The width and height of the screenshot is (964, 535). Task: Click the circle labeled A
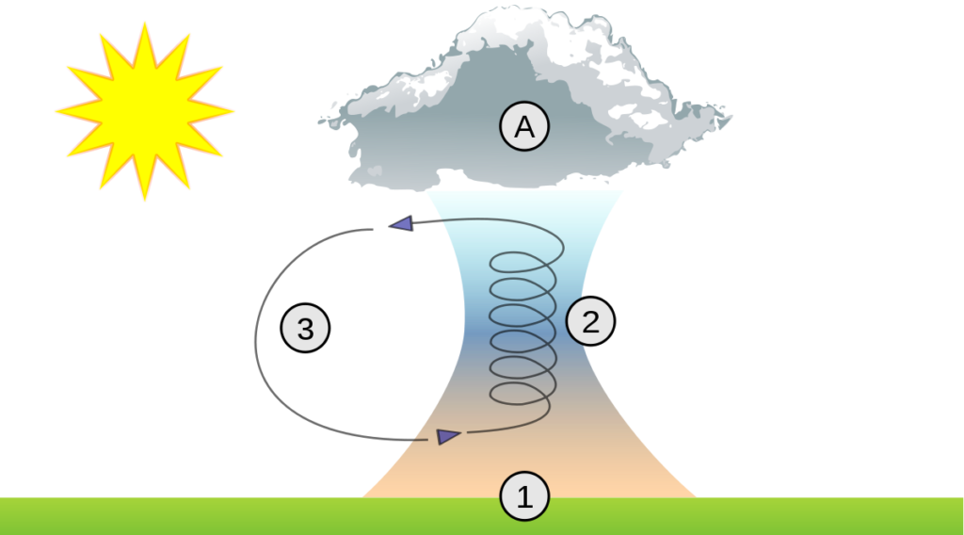524,126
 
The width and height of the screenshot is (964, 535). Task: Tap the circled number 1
524,496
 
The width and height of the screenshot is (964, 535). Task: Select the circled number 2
590,321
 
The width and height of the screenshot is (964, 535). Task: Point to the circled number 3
306,328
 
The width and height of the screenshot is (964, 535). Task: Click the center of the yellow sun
144,111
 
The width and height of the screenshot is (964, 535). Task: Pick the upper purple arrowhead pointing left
401,223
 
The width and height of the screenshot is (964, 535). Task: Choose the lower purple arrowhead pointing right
448,437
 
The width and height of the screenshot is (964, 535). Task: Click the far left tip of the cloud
319,122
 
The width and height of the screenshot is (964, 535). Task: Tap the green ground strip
482,516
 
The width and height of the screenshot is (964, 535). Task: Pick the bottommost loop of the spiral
522,394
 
